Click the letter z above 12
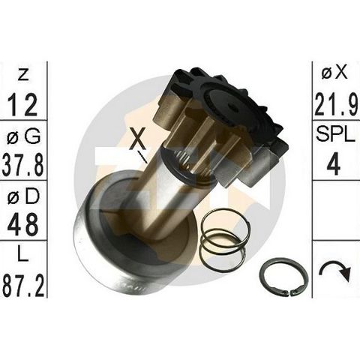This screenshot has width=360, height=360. click(23, 75)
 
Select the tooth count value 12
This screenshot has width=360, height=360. click(22, 105)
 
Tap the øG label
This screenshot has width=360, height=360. click(23, 136)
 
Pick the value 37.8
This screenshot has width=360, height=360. click(23, 165)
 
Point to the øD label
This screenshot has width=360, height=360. click(23, 196)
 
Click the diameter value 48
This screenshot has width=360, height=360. click(23, 225)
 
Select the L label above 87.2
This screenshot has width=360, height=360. click(23, 254)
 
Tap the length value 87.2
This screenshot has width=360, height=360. click(23, 284)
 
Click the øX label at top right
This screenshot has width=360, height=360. click(334, 73)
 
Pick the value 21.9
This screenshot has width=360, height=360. click(337, 104)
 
